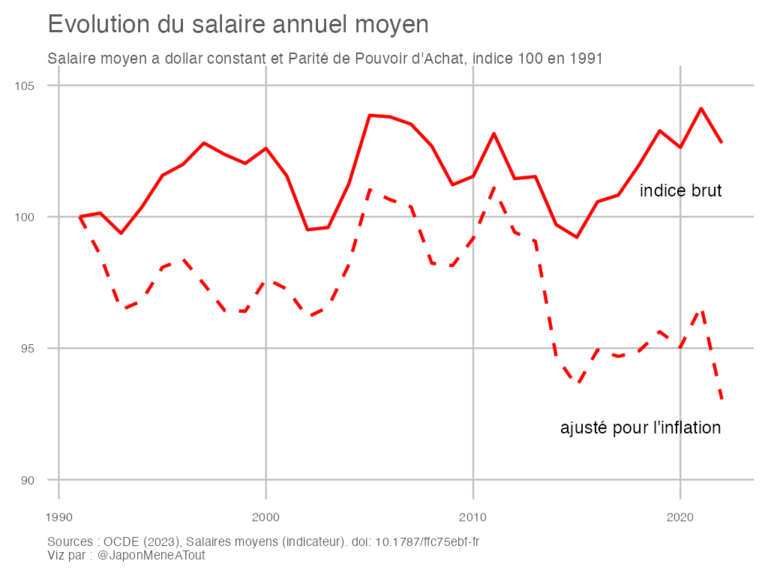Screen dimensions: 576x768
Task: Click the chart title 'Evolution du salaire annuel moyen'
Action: click(x=238, y=25)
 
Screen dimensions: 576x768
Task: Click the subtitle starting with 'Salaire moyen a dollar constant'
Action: click(x=325, y=58)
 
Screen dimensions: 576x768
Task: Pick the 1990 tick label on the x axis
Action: click(x=58, y=517)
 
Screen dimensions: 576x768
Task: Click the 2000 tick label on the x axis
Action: click(x=265, y=517)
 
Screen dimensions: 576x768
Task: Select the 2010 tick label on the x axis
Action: click(x=472, y=517)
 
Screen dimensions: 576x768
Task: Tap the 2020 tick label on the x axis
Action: click(x=679, y=517)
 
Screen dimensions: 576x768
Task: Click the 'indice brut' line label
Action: click(x=680, y=191)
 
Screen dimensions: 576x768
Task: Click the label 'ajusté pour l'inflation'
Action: click(x=640, y=428)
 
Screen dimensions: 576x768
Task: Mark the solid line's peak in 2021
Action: click(x=700, y=109)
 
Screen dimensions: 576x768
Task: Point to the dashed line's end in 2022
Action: click(x=721, y=400)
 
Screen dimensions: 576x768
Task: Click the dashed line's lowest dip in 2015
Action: click(x=577, y=383)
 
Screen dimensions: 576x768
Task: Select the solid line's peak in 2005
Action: click(x=370, y=115)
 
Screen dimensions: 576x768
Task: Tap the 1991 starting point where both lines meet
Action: click(x=79, y=217)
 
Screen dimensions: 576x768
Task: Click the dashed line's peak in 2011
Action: click(x=493, y=187)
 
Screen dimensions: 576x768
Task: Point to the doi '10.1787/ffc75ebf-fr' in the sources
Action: click(x=432, y=542)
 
